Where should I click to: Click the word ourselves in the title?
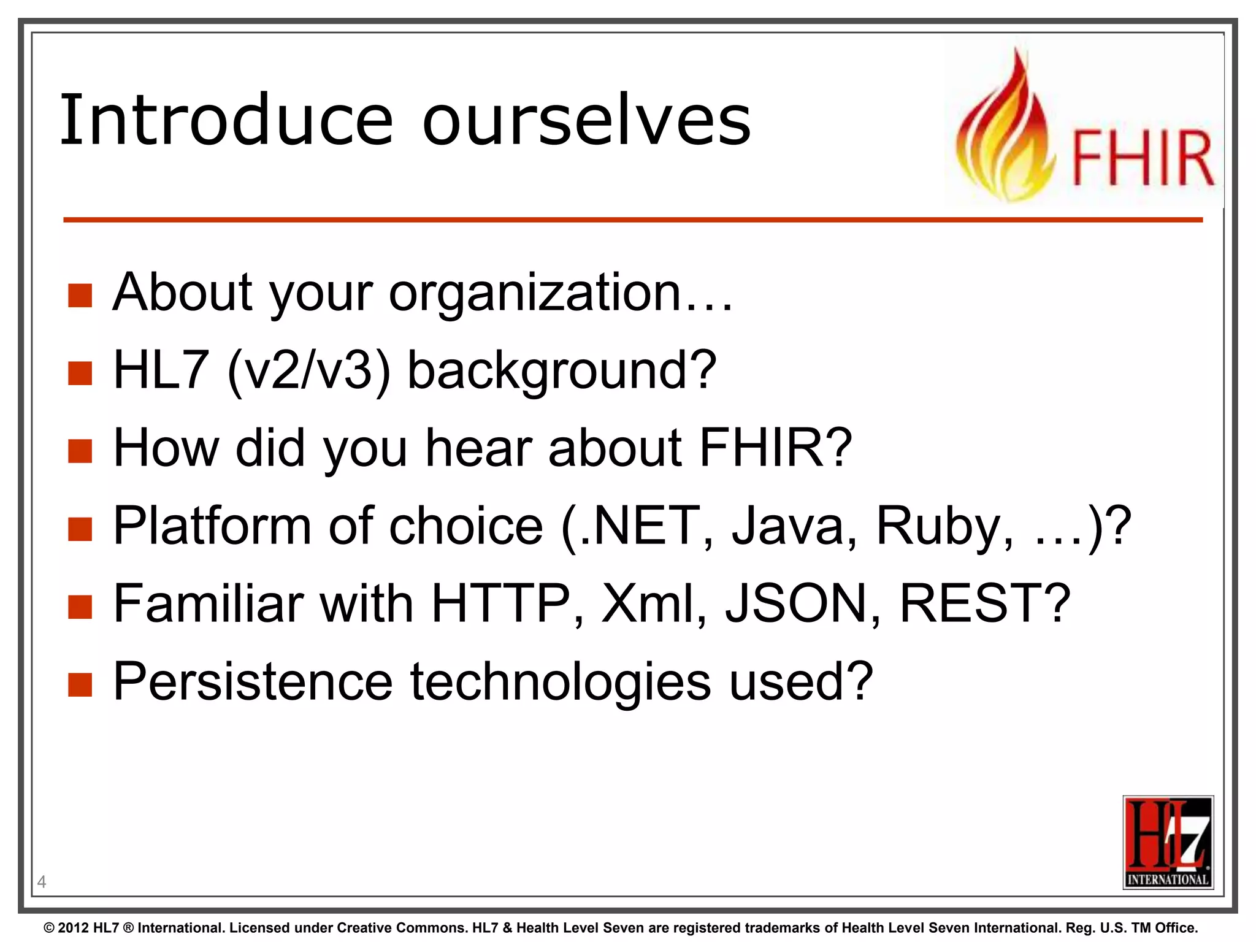(586, 120)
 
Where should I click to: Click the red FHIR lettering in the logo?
(1142, 158)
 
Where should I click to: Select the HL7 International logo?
(1168, 841)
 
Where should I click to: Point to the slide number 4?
(42, 882)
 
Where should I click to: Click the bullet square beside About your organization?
(80, 295)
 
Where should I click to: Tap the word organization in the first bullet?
(535, 293)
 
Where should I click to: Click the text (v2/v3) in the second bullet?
(308, 370)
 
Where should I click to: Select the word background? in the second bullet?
(562, 370)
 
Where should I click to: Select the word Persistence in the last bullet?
(253, 682)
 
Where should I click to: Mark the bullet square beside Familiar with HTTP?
(80, 607)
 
